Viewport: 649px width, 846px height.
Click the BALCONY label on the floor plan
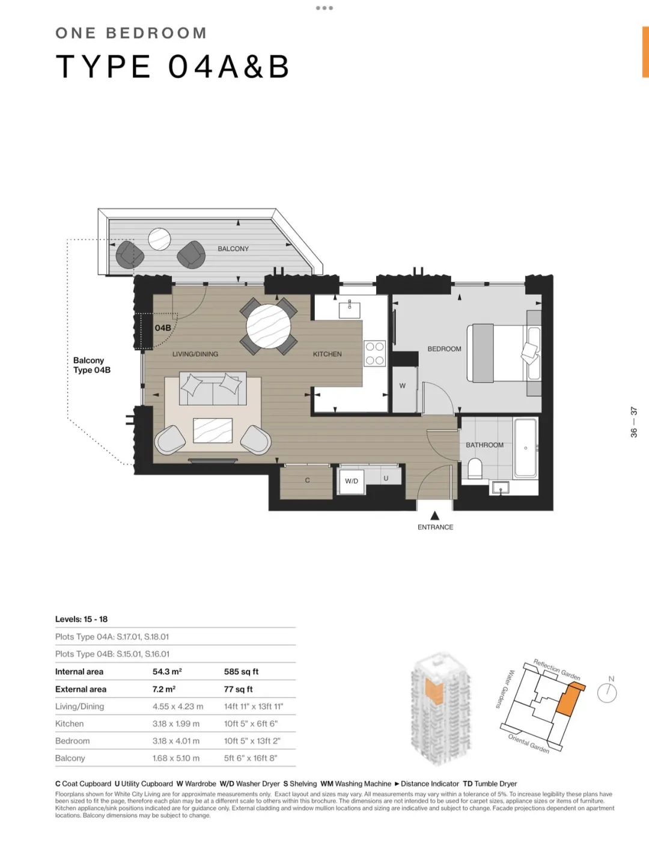point(233,248)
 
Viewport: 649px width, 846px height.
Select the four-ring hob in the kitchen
point(375,353)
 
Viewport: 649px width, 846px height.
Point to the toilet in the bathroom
point(475,469)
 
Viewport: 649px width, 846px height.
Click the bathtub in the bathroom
point(526,448)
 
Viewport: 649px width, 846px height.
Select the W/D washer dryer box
point(352,481)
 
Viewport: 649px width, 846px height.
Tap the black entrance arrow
point(435,516)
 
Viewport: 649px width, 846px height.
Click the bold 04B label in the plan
point(163,328)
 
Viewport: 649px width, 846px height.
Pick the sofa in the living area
point(213,389)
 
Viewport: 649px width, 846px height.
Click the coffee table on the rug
point(213,431)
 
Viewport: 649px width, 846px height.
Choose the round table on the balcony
point(160,239)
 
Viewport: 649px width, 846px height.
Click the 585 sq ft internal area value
point(242,672)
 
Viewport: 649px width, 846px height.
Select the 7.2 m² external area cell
point(164,689)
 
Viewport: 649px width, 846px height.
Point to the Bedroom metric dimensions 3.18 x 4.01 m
point(176,741)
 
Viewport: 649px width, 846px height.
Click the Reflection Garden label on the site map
point(556,669)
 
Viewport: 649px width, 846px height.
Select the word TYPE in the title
point(103,66)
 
